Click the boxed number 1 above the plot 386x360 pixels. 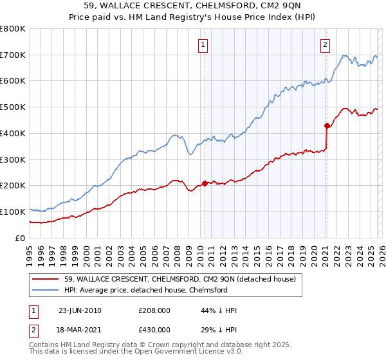click(x=203, y=44)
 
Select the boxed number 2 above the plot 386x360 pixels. click(x=326, y=44)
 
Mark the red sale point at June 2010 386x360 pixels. click(x=205, y=183)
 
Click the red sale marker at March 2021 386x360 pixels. click(x=327, y=125)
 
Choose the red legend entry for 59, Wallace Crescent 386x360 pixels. click(x=180, y=280)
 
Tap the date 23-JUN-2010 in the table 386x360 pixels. click(x=80, y=310)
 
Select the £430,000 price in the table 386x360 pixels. click(x=154, y=329)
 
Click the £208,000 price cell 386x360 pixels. click(x=154, y=310)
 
